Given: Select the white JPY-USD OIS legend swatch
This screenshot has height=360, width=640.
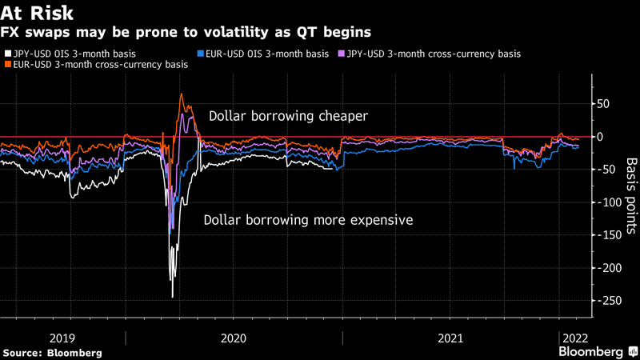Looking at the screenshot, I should [x=8, y=54].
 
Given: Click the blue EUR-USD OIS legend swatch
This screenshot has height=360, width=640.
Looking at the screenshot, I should [x=199, y=54].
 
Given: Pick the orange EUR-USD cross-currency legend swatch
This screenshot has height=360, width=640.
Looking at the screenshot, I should [x=8, y=65].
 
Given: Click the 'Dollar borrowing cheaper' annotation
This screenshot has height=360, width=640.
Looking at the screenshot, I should [x=288, y=116].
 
